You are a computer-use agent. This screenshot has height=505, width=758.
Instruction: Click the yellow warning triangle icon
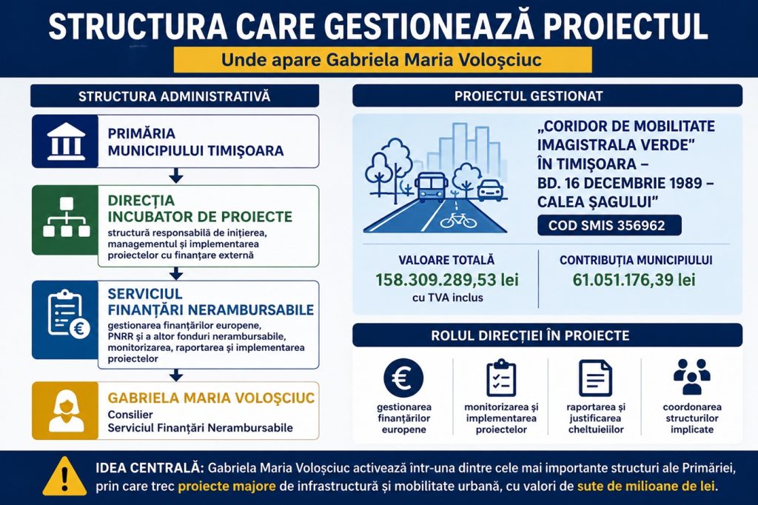tap(64, 476)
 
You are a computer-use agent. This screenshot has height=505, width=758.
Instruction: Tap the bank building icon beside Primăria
tap(66, 141)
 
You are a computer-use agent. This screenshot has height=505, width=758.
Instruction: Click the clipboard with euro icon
tap(67, 315)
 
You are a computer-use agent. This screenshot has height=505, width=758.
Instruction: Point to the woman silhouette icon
tap(66, 410)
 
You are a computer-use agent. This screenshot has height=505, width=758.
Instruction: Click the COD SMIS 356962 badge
tap(609, 225)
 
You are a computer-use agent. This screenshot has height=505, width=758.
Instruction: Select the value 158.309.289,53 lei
tap(447, 280)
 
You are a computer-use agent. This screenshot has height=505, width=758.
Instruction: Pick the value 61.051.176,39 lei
tap(634, 280)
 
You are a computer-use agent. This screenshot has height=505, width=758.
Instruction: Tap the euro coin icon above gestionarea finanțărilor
tap(403, 378)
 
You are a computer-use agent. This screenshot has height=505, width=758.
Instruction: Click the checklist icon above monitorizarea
tap(501, 378)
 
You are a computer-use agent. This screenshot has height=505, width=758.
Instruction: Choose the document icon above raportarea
tap(596, 378)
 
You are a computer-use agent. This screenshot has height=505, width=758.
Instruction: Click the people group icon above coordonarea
tap(692, 377)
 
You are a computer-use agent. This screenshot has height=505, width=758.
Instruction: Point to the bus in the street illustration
tap(430, 187)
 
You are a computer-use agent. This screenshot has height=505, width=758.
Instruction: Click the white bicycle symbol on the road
tap(457, 220)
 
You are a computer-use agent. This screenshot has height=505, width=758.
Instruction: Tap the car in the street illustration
tap(490, 190)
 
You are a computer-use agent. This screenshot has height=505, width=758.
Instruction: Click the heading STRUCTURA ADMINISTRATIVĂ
tap(175, 96)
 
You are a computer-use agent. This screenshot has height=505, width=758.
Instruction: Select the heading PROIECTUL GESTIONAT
tap(529, 96)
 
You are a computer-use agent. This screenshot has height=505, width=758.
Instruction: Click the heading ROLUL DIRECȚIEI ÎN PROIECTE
tap(530, 335)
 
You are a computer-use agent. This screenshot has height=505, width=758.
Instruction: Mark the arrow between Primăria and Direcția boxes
tap(176, 175)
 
